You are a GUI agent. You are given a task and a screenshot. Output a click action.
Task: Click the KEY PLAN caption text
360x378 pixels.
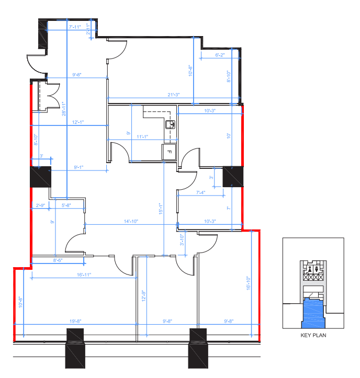click(313, 335)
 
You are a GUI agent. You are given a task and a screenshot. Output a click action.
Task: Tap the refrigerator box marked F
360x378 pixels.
click(169, 152)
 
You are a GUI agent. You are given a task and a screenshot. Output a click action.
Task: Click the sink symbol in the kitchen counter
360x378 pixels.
click(170, 124)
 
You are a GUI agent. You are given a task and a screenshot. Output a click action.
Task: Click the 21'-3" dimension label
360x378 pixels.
click(175, 95)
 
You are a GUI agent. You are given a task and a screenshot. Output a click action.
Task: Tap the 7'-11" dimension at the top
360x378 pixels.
click(77, 26)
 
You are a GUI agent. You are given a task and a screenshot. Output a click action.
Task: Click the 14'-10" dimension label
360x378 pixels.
click(131, 221)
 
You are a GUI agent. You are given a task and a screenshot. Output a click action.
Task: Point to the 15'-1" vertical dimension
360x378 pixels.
click(161, 209)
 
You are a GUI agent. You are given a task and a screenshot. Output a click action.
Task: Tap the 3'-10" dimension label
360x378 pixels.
click(183, 240)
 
